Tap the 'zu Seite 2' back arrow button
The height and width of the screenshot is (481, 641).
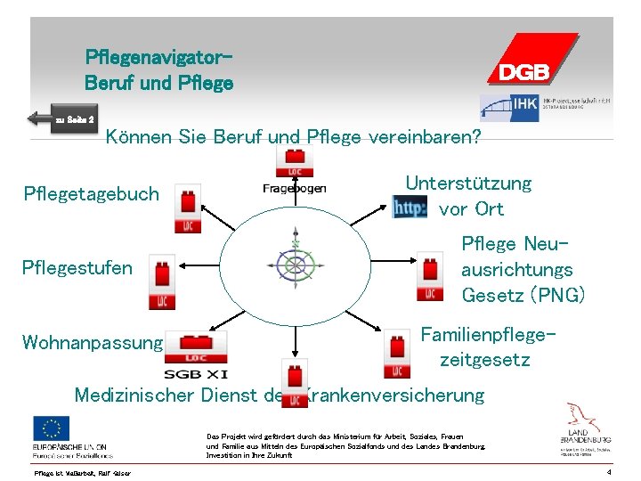pyautogui.click(x=61, y=118)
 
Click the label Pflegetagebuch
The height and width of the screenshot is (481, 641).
pyautogui.click(x=91, y=193)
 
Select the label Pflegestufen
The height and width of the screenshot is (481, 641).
pyautogui.click(x=77, y=267)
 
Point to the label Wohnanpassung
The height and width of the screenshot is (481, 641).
pyautogui.click(x=93, y=342)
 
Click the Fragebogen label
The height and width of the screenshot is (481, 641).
pyautogui.click(x=295, y=188)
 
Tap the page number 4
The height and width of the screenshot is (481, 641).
pyautogui.click(x=607, y=472)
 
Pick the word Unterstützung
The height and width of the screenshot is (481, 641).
pyautogui.click(x=468, y=183)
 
